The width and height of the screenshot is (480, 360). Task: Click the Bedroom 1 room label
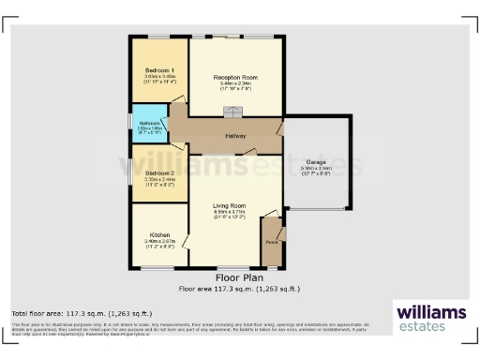click(159, 70)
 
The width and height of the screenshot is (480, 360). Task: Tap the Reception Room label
click(235, 76)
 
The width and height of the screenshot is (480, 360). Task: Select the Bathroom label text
click(150, 123)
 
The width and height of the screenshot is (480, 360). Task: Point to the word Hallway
click(235, 136)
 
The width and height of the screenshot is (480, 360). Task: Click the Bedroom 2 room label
click(159, 173)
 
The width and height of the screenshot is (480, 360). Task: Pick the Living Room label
click(229, 205)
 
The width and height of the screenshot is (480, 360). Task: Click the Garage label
click(316, 162)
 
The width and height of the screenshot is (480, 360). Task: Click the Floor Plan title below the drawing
click(239, 278)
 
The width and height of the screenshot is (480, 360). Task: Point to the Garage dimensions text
click(316, 172)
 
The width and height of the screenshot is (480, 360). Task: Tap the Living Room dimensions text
click(229, 215)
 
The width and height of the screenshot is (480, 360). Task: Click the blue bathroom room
click(149, 127)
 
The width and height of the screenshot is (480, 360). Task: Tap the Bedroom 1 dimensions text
click(159, 81)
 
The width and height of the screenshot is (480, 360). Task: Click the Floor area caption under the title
click(239, 289)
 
